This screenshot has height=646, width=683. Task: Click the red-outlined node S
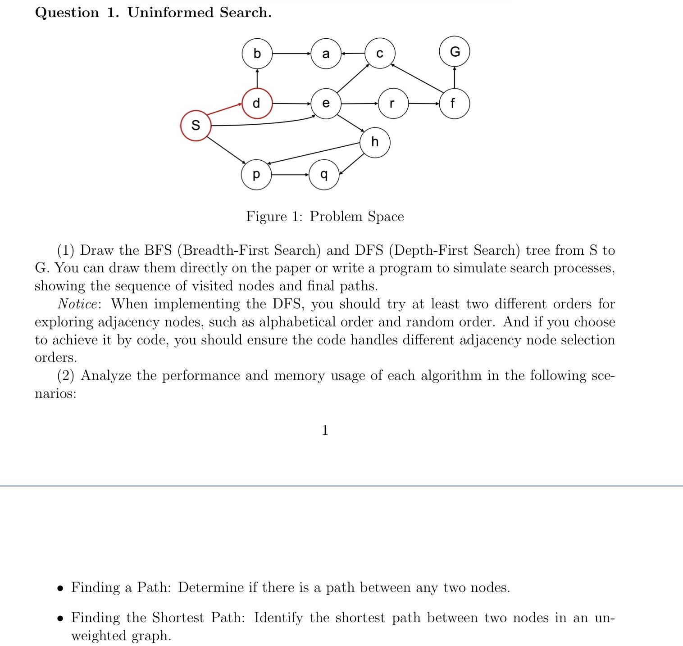(196, 125)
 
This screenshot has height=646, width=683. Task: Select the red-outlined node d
(257, 103)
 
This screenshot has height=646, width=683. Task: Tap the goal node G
(455, 52)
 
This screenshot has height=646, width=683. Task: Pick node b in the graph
(257, 54)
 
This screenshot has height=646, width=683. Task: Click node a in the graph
(326, 54)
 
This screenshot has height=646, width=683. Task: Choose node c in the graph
(380, 53)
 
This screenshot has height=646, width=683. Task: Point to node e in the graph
(326, 103)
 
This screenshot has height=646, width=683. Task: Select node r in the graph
(393, 104)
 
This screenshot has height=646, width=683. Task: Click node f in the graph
(454, 104)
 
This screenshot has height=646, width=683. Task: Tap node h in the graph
(375, 142)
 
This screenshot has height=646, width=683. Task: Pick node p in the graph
(256, 174)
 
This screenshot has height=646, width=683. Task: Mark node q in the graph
(324, 174)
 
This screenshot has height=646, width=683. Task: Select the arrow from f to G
(455, 77)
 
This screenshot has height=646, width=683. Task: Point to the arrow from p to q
(290, 174)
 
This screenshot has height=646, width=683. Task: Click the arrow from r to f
(423, 104)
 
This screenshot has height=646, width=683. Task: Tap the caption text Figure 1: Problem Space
(325, 217)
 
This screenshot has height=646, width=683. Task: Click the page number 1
(325, 430)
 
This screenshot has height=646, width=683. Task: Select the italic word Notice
(77, 304)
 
